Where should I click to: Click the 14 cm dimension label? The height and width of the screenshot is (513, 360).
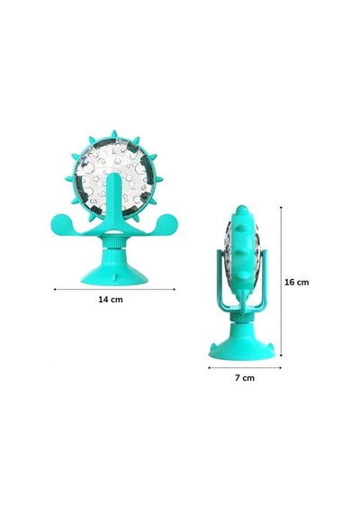coord(111,300)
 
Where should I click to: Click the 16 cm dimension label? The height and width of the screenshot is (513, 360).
coord(296,282)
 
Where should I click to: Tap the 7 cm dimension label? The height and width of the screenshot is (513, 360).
coord(245,378)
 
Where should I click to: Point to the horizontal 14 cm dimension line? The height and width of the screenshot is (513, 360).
coord(114,289)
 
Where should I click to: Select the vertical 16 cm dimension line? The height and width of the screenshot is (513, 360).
coord(281,282)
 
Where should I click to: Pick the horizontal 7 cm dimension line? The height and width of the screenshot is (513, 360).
coord(245,368)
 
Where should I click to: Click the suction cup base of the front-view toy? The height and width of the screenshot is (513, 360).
coord(114,271)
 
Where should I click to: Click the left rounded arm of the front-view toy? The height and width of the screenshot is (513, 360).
coord(66,224)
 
